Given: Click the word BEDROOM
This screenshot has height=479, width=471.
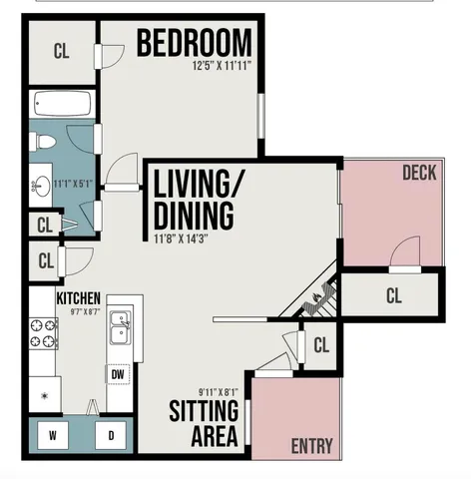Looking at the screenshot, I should coord(194,44).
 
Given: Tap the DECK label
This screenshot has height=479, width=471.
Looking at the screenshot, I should coord(419,174).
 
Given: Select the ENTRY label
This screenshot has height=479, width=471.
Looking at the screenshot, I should coord(311,446).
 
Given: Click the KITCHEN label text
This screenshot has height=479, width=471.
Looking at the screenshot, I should coord(77,298).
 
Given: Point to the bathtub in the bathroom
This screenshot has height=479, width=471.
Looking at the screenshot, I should coord(62,104).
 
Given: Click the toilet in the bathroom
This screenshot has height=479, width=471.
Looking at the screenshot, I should coord(44,143).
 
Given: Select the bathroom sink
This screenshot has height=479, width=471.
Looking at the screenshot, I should coord(43,186).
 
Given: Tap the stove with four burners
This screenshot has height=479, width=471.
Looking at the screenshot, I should coord(43,332).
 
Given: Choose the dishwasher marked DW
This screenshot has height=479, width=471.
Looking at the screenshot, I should coord(118,374).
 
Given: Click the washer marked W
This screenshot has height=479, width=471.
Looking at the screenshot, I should coord(52,435).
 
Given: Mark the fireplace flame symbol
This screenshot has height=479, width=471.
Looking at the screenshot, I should coord(318,296).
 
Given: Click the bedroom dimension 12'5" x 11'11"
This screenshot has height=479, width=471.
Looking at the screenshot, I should coord(221,66).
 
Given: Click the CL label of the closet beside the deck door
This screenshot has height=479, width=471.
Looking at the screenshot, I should coord(393,295).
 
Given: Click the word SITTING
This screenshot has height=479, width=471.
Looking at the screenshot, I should coord(203,411).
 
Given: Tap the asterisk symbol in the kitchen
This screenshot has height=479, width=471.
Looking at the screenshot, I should coord(42,396).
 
